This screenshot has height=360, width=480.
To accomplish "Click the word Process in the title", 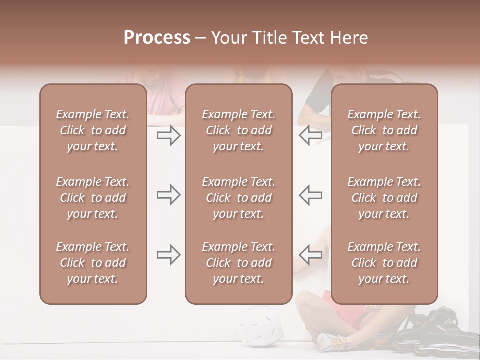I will pos(157,38).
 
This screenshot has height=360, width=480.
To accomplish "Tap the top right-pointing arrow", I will pos(168,135).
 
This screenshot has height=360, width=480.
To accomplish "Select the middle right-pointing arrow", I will pos(168,195).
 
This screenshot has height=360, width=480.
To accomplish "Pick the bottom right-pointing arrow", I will pos(168,255).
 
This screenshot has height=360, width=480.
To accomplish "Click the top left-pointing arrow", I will pos(310,135).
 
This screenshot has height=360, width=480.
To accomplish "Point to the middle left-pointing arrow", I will pos(310,195).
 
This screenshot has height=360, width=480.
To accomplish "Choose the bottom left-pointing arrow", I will pos(310,255).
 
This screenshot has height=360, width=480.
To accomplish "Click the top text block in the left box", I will pos(93,130).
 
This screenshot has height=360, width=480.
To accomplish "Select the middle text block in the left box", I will pos(93,198).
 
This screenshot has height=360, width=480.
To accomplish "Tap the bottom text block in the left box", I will pos(93,263).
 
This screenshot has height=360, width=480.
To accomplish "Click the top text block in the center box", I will pos(238,130).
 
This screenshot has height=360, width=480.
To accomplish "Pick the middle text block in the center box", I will pos(238,198).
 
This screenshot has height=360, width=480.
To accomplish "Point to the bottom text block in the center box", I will pos(238,263).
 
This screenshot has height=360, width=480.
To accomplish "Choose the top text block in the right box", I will pos(384,130).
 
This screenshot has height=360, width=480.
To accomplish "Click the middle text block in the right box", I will pos(384,198).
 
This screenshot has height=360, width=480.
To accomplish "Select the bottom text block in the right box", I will pos(384,263).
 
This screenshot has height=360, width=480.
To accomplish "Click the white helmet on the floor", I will pos(258,327).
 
